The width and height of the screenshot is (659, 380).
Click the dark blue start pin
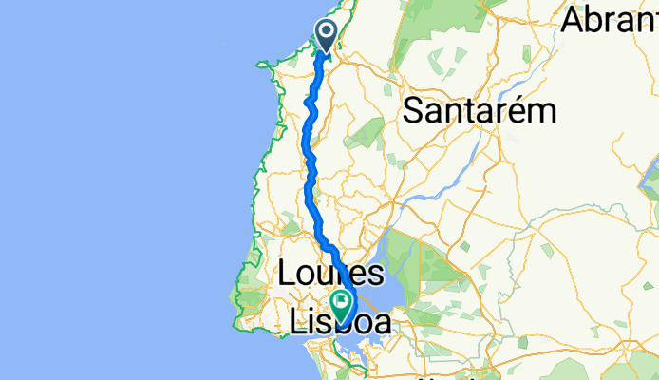pyautogui.click(x=327, y=35)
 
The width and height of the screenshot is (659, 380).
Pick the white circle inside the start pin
pyautogui.click(x=327, y=31)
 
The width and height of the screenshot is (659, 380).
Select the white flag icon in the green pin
pyautogui.click(x=341, y=303)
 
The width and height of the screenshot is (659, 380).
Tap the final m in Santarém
pyautogui.click(x=542, y=112)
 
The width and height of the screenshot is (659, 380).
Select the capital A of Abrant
pyautogui.click(x=575, y=20)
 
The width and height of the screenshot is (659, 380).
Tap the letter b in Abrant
pyautogui.click(x=596, y=20)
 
